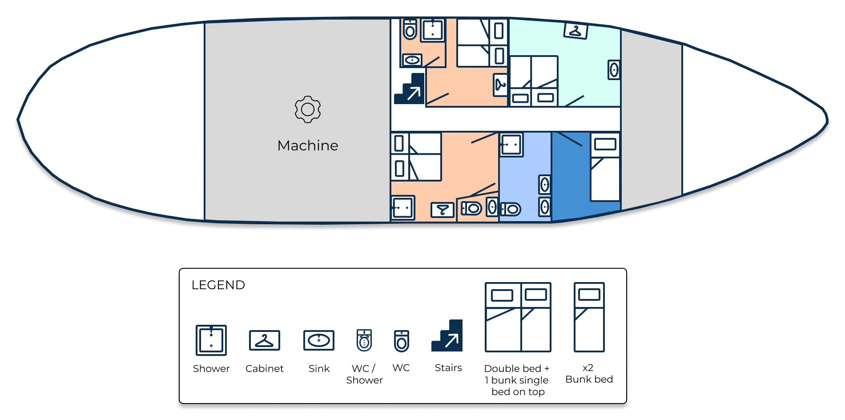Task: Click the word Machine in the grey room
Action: point(307,145)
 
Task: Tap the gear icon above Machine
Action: point(307,109)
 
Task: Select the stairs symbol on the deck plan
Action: point(410,89)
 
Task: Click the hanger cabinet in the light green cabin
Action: point(575,31)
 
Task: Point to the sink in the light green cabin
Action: point(614,70)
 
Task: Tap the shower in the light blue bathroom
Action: point(511,145)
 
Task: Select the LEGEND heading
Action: point(218,285)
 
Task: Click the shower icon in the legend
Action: point(211,340)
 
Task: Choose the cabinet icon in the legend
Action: point(264,340)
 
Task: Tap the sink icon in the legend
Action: point(319,340)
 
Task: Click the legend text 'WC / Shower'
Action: point(364,374)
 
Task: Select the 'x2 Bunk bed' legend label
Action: point(589,374)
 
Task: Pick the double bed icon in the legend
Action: point(518,317)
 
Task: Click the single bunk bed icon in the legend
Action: point(589,317)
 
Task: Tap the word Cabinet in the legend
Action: point(264,369)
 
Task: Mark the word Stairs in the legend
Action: point(448,368)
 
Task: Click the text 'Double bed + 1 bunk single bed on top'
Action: point(518,380)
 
